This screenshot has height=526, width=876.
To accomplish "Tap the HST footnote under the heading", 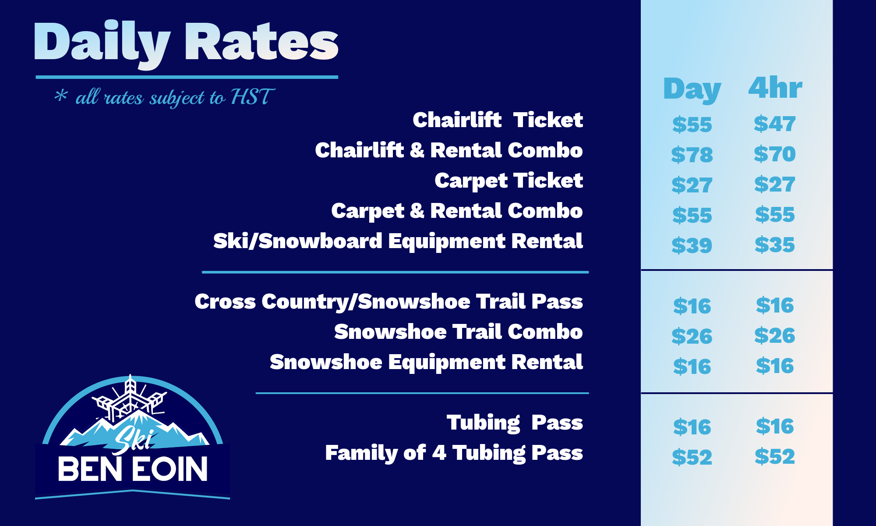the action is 165,97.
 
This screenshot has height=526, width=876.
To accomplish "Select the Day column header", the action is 692,89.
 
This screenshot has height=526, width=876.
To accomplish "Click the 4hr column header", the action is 775,88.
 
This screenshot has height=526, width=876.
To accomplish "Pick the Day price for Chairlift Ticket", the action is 692,124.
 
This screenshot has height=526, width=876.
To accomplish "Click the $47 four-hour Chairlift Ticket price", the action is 775,124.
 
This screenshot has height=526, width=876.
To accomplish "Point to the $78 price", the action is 692,155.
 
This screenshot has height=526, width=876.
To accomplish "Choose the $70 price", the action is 775,154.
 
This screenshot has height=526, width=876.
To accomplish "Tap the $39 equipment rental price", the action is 692,245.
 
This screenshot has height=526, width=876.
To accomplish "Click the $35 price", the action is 775,245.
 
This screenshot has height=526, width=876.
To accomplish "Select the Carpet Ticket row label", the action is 509,181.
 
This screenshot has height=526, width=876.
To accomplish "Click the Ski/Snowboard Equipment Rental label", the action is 398,242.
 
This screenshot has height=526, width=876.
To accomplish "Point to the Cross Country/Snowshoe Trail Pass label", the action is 389,302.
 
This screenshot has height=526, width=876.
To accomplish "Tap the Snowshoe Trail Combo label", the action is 459,332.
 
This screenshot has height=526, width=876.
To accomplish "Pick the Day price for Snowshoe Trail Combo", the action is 692,336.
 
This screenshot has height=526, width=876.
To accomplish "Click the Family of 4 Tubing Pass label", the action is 454,453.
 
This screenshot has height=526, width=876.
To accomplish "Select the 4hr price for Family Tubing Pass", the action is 775,456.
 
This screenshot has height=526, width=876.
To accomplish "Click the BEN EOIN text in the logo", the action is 133,469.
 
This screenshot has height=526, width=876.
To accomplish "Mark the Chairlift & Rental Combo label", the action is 449,150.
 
